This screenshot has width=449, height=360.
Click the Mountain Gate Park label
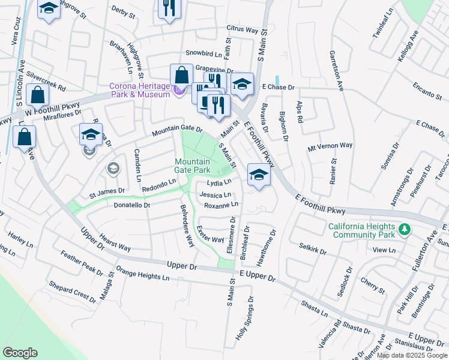pos(192,166)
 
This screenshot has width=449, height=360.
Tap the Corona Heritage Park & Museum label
pos(139,90)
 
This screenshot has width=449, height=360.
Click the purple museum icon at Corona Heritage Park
pos(178,90)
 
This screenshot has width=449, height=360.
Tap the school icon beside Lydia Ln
pos(258,175)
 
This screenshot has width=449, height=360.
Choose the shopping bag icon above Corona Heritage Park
pos(181,76)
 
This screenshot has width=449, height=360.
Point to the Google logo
pos(20,353)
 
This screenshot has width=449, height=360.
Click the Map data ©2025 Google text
pos(412,355)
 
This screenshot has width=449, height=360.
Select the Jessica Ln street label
pos(215,195)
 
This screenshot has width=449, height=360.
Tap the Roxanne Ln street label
pos(221,205)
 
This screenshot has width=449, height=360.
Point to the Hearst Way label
pos(115,242)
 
